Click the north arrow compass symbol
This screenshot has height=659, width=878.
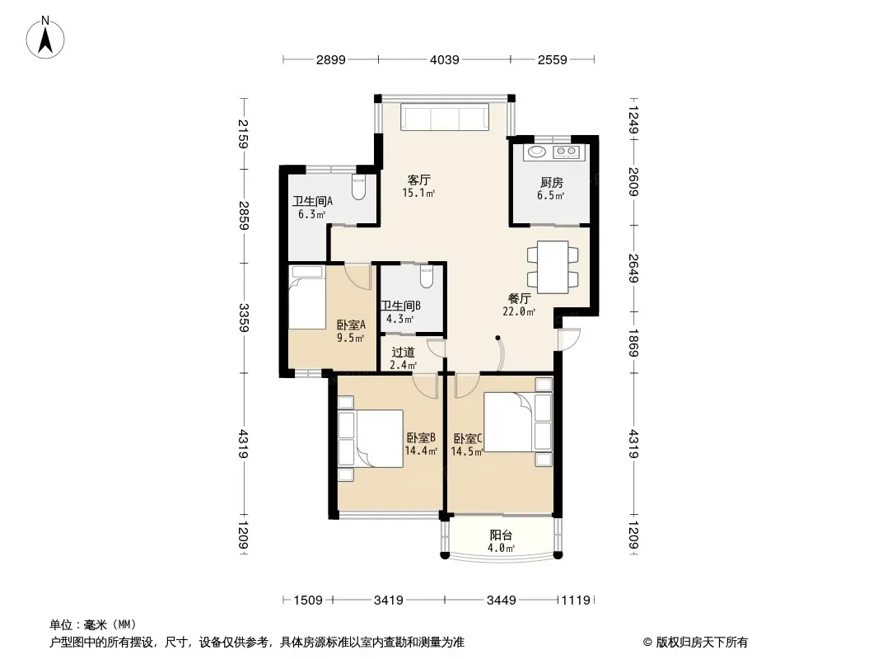[45, 37]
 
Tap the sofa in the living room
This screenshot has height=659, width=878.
[445, 118]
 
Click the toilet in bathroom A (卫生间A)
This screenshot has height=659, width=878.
[358, 186]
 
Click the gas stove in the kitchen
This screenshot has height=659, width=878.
[565, 152]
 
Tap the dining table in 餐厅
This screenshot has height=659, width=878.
[553, 267]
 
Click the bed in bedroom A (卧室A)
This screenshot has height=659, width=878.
[307, 297]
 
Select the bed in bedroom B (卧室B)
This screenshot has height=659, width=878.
[371, 438]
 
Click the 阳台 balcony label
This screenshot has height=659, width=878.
[501, 535]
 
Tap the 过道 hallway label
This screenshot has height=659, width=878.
[403, 353]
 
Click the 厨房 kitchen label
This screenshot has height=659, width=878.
[552, 183]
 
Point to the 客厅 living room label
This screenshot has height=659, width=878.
[419, 180]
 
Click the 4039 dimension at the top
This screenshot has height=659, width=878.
[445, 59]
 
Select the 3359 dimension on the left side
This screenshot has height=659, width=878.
[244, 317]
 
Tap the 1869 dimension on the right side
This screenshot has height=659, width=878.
[633, 343]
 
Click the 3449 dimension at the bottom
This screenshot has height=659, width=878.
[501, 601]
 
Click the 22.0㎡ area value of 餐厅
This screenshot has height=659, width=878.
[519, 312]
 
